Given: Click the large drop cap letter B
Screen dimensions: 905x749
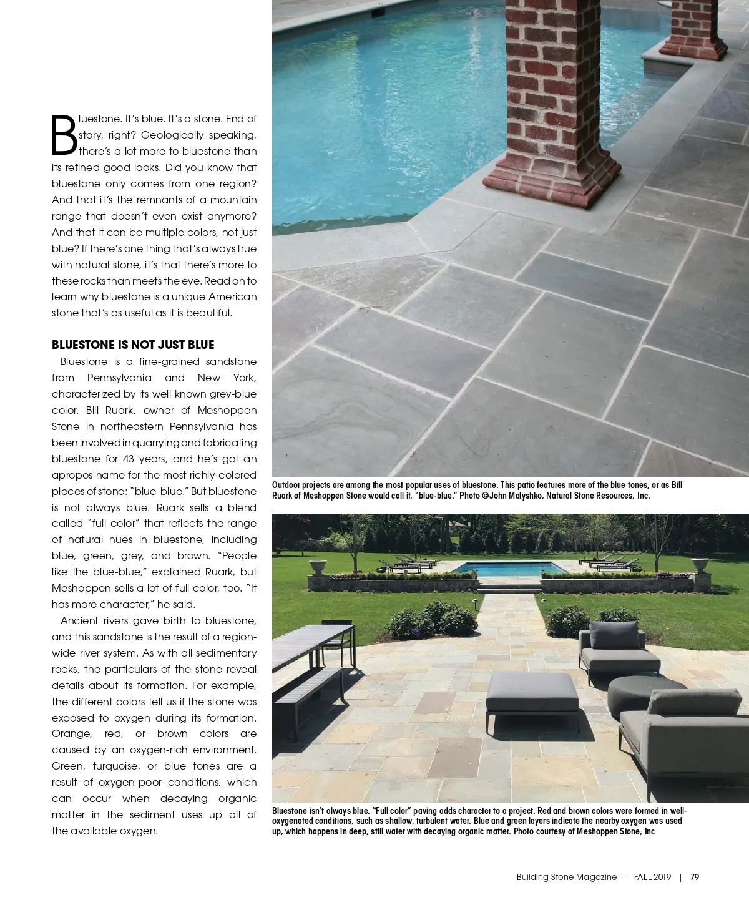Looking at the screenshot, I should pyautogui.click(x=64, y=135).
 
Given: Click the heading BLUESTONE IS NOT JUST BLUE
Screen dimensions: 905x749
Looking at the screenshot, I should pyautogui.click(x=133, y=345).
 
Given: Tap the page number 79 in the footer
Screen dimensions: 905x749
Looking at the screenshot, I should pyautogui.click(x=695, y=877).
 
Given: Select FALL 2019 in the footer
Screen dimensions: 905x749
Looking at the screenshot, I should pyautogui.click(x=652, y=877).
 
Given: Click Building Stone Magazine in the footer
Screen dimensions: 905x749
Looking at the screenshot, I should pyautogui.click(x=567, y=877).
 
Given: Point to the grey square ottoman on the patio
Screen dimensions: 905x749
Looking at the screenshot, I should pyautogui.click(x=532, y=694).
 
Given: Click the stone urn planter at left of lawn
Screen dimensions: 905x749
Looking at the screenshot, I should pyautogui.click(x=318, y=567).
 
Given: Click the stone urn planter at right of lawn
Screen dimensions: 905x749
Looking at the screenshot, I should pyautogui.click(x=700, y=565).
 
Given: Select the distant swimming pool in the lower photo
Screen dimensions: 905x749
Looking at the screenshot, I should pyautogui.click(x=504, y=569).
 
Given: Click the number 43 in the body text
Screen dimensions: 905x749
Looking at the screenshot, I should pyautogui.click(x=129, y=459).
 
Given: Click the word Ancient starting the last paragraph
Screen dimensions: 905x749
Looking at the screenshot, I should pyautogui.click(x=80, y=620).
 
